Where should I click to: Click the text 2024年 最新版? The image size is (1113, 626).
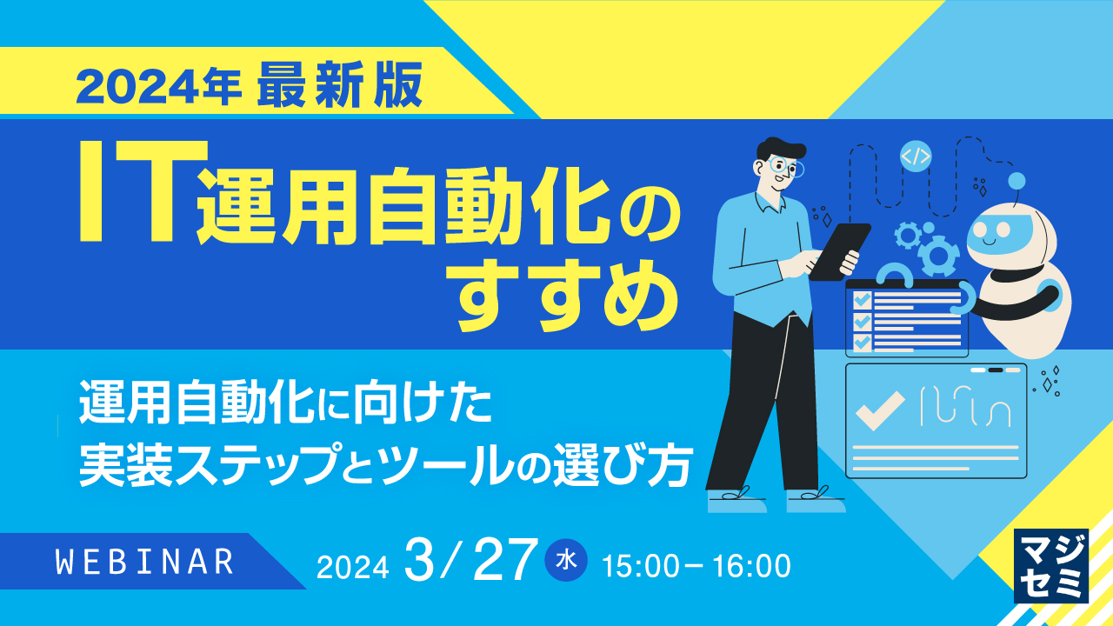pos(249,85)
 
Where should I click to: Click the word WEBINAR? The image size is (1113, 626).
pos(145,562)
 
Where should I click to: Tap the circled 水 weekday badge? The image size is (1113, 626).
pos(566,561)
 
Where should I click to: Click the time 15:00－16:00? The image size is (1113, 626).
pos(696,566)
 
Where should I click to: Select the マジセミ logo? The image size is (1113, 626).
pos(1051,565)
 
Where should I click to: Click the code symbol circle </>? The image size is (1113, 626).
pos(916,156)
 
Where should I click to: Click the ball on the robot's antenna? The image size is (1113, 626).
pos(1016,181)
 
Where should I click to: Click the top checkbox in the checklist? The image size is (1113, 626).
pos(862,299)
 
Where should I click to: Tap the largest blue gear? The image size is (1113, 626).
pos(937,256)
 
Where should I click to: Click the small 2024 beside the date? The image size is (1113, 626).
pos(352,567)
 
